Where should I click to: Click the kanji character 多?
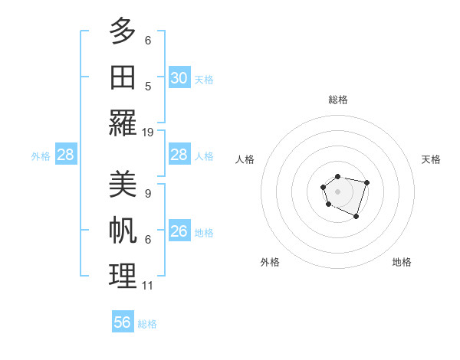(123, 31)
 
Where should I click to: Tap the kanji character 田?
(123, 77)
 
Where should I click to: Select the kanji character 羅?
(123, 122)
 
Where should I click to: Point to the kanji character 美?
(123, 185)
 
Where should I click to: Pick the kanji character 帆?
(123, 231)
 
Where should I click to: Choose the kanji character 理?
(123, 276)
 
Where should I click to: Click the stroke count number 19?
(148, 132)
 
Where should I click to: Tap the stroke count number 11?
(148, 286)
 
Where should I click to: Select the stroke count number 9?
(148, 194)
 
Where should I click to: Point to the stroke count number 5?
(148, 86)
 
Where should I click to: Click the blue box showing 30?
(179, 78)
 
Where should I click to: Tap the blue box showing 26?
(179, 231)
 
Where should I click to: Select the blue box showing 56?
(123, 322)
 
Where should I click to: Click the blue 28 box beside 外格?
(65, 155)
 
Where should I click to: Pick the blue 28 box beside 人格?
(179, 155)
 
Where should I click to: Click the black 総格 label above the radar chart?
(338, 100)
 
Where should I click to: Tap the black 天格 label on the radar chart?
(431, 159)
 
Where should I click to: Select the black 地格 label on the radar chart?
(402, 262)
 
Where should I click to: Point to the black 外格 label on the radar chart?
(270, 262)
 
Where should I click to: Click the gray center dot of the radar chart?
(337, 190)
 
